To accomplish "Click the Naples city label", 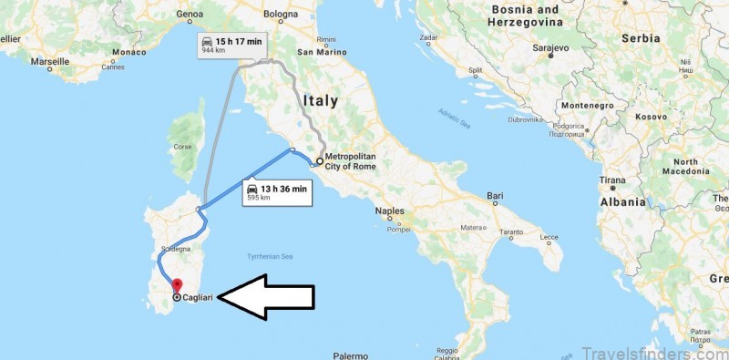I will [x=390, y=211].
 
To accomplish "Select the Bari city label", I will [x=496, y=196].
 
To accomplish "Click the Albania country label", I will [x=624, y=201].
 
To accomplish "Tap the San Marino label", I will [x=318, y=51].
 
